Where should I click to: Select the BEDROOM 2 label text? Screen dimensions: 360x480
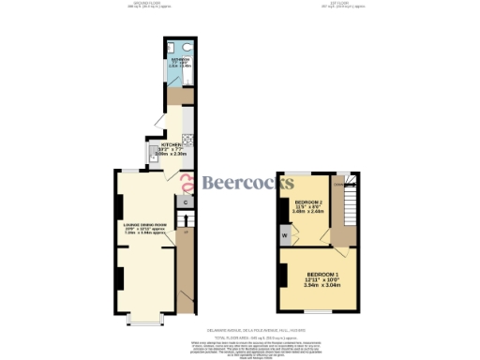pos(310,202)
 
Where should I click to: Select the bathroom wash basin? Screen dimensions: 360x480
pos(172,47)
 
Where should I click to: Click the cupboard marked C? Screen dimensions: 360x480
pos(185,202)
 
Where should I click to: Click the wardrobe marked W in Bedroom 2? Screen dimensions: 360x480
pos(284,234)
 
